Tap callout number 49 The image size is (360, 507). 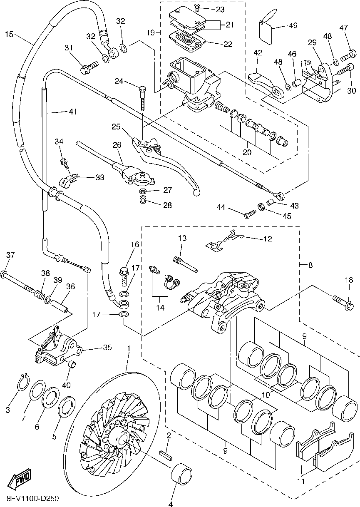click(293, 26)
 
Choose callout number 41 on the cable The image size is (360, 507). click(73, 112)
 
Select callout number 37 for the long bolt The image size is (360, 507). click(10, 255)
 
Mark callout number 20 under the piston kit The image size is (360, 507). click(247, 152)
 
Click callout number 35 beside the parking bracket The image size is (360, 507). click(107, 348)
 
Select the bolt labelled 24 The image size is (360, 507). click(143, 96)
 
